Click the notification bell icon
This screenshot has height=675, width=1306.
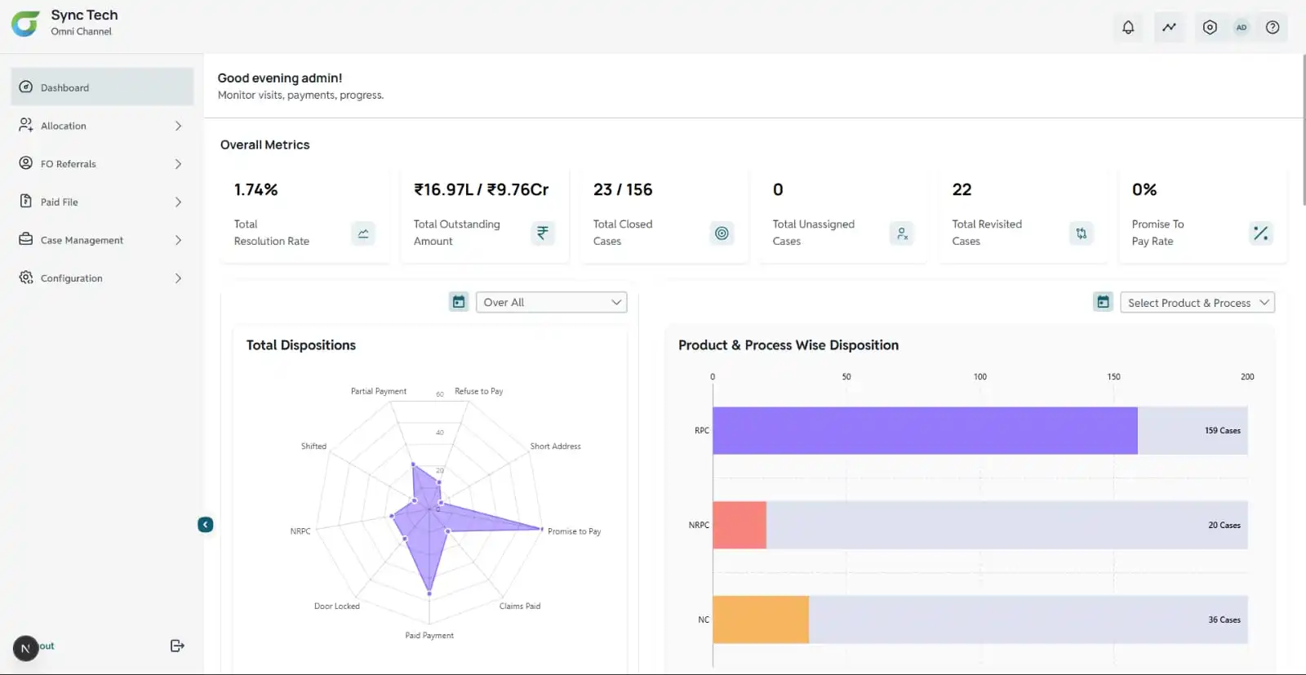1128,27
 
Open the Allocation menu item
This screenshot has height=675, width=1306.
64,126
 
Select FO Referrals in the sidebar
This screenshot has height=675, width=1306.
69,164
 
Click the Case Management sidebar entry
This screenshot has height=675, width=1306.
82,240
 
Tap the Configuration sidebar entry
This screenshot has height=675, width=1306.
72,278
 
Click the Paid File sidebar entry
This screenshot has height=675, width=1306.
60,202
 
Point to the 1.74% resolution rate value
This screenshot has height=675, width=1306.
256,190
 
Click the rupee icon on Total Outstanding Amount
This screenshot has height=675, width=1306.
543,233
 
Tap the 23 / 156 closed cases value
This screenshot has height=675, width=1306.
623,190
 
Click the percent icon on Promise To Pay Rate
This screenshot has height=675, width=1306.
1260,233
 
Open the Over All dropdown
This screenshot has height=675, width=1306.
551,302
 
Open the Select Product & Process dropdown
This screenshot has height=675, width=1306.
1197,303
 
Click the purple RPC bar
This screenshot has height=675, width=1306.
924,430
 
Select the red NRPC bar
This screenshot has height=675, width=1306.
740,525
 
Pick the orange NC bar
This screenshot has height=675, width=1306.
760,619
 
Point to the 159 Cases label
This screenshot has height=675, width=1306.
1222,431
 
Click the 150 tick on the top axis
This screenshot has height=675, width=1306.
1113,377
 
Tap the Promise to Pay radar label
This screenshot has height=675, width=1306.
574,531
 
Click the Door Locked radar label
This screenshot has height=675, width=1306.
336,606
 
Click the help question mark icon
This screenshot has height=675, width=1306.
1273,27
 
